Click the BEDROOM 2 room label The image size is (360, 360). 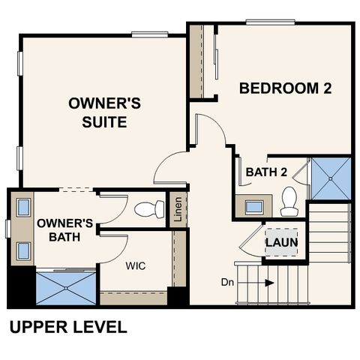(x=285, y=88)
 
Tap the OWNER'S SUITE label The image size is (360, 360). (x=104, y=112)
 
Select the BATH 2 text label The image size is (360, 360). (x=266, y=172)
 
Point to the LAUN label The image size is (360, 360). (x=281, y=242)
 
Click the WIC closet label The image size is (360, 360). (x=136, y=265)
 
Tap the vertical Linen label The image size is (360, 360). (x=178, y=209)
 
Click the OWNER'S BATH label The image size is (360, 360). (x=64, y=230)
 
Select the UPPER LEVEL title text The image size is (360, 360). (x=68, y=327)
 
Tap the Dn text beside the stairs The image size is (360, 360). (x=227, y=282)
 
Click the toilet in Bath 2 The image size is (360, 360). (x=289, y=201)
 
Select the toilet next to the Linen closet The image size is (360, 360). (x=149, y=209)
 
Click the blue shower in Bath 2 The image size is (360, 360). (x=331, y=178)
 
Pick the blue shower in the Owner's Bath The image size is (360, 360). (x=66, y=288)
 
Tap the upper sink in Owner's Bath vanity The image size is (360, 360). (x=24, y=207)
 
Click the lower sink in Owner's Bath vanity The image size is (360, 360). (x=24, y=250)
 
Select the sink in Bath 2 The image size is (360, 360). (x=254, y=207)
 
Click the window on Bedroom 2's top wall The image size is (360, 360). (x=270, y=22)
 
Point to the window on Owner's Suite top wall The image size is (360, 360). (x=150, y=34)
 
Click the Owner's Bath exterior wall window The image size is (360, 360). (x=8, y=229)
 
